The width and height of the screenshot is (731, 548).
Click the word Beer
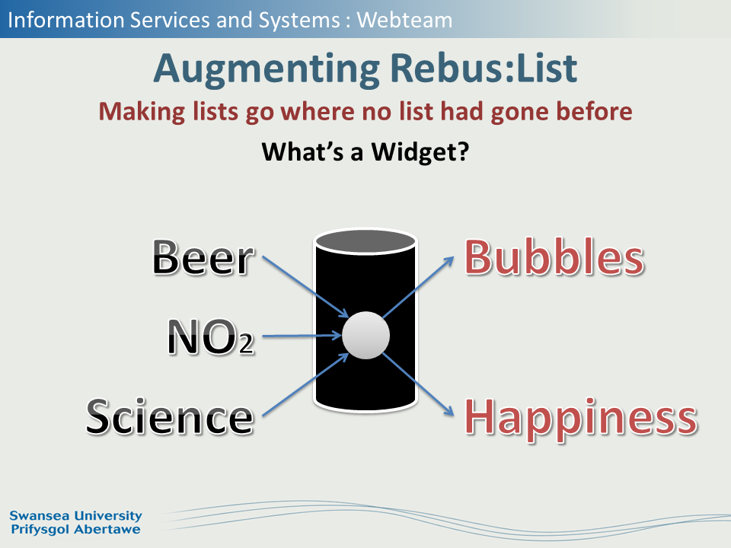coord(203,256)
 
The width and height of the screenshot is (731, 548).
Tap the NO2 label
coord(211,336)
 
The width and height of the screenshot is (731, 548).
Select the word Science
coord(170,416)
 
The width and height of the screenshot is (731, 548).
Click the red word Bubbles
coord(554,256)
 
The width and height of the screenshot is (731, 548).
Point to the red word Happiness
coord(581,418)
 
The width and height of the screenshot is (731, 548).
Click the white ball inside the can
coord(366,336)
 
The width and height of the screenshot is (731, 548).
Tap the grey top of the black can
coord(366,242)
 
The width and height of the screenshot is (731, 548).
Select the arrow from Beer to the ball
coord(305,287)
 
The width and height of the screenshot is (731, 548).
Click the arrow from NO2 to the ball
coord(302,336)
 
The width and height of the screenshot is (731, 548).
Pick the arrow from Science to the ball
coord(305,384)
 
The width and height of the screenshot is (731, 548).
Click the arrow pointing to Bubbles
coord(418,287)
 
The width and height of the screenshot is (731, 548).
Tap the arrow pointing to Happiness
coord(418,384)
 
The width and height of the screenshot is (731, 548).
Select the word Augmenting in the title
coord(267,70)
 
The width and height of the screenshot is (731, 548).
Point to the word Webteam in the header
coord(404,20)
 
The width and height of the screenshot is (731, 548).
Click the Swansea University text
coord(75,515)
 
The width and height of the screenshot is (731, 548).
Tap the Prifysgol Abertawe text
coord(75,530)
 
